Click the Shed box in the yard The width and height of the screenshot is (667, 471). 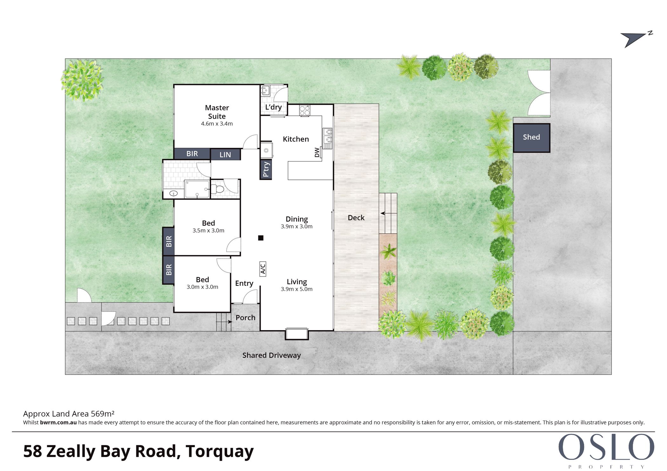(x=531, y=138)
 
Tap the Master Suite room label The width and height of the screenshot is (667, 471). (x=217, y=112)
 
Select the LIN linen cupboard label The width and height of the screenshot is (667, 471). (x=225, y=155)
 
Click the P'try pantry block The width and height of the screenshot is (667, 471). (x=266, y=170)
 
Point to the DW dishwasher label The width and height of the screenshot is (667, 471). (x=317, y=153)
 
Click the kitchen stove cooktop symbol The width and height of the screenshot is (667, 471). (x=305, y=111)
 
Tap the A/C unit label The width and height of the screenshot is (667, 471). (x=263, y=269)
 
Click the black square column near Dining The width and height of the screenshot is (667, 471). (x=261, y=238)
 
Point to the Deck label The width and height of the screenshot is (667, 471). (x=356, y=218)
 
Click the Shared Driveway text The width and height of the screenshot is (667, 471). (x=272, y=355)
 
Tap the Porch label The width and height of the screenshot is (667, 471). (x=246, y=317)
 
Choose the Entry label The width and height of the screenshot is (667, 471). (x=244, y=283)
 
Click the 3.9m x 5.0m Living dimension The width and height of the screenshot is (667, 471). (x=297, y=289)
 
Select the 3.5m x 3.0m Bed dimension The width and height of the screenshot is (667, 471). (x=208, y=231)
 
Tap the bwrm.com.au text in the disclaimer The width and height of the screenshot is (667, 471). (x=58, y=422)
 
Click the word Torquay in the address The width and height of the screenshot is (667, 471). (x=220, y=451)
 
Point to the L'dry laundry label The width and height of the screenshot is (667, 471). (x=273, y=107)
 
